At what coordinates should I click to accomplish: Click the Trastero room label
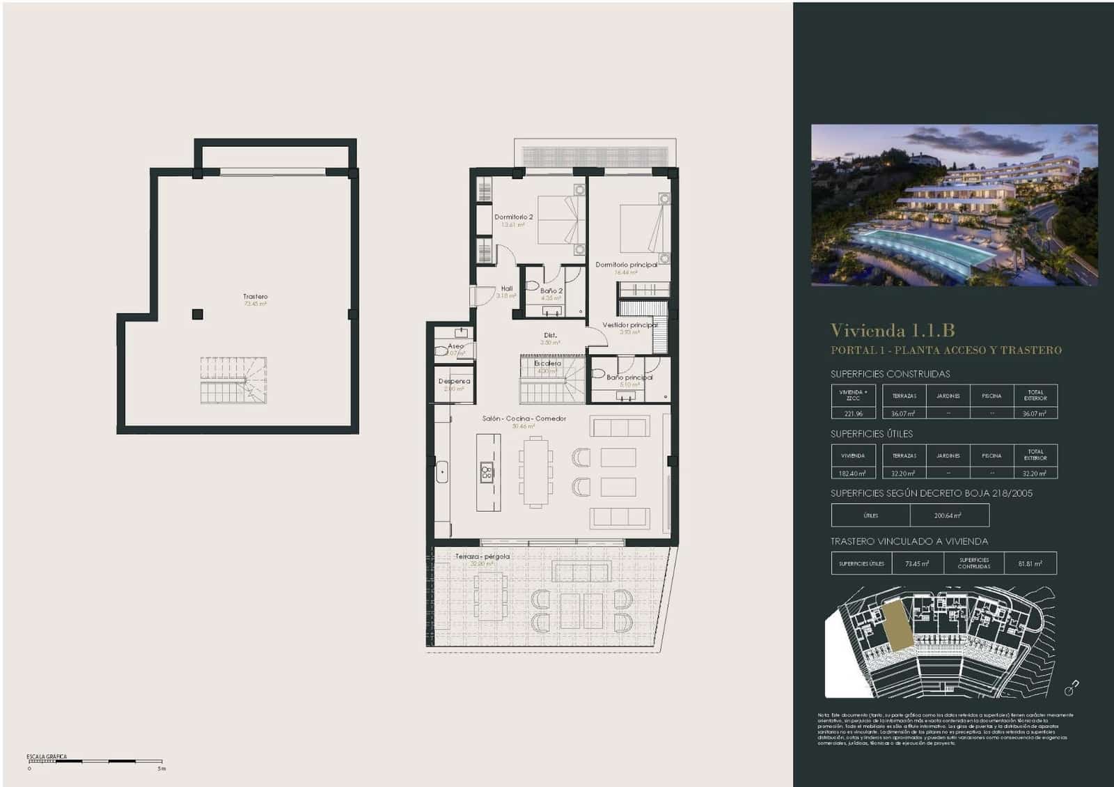coord(256,297)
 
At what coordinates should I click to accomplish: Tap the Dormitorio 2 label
coord(514,217)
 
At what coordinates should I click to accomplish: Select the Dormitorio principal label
coord(626,265)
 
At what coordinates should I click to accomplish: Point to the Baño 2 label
coord(551,291)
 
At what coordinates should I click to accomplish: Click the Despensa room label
coord(454,382)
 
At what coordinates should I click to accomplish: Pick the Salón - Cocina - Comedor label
coord(524,419)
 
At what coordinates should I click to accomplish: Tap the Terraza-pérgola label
coord(483,556)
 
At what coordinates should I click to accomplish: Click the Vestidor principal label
coord(629,325)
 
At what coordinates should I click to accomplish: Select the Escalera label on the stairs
coord(547,364)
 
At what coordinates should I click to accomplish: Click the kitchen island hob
coord(487,472)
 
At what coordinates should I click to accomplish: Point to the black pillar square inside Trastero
coord(198,314)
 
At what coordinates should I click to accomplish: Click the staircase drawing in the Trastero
coord(233,380)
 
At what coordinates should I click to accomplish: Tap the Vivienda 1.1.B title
coord(892,330)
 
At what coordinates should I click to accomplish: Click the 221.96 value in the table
coord(853,414)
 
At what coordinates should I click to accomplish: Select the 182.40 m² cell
coord(853,474)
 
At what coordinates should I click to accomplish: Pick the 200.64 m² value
coord(948,516)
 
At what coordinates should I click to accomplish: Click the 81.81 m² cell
coord(1030,564)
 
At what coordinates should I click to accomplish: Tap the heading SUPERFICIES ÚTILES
coord(871,434)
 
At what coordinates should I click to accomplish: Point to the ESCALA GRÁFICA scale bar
coord(95,762)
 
